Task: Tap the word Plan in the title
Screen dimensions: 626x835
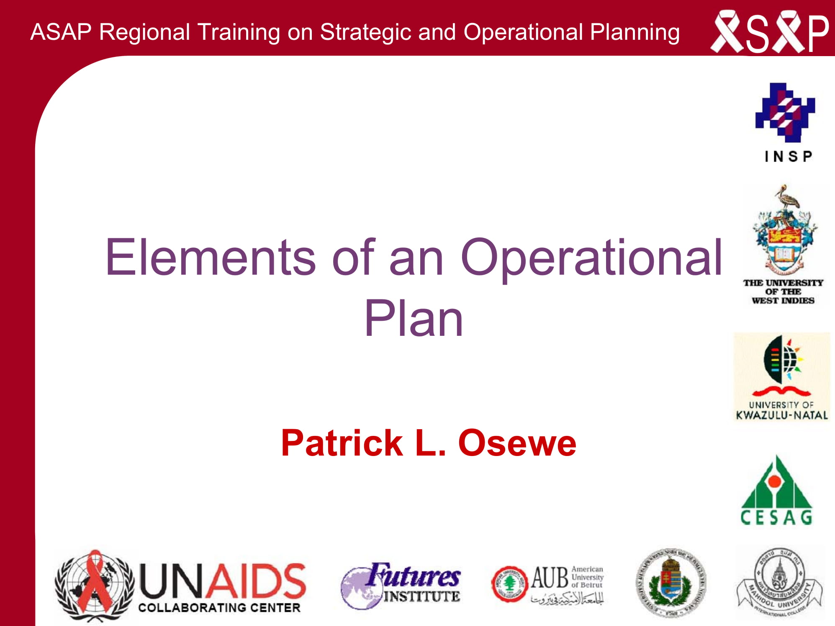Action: (414, 319)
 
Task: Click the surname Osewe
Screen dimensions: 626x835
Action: (517, 443)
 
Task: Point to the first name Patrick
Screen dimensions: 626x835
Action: (342, 443)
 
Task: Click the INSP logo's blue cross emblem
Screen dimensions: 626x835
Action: (785, 112)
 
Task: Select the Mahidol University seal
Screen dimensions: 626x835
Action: (779, 582)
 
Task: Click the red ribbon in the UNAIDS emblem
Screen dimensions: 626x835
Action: (95, 582)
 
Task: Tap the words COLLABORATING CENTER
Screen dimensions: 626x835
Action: (219, 608)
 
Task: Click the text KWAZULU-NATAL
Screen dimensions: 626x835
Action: (782, 415)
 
